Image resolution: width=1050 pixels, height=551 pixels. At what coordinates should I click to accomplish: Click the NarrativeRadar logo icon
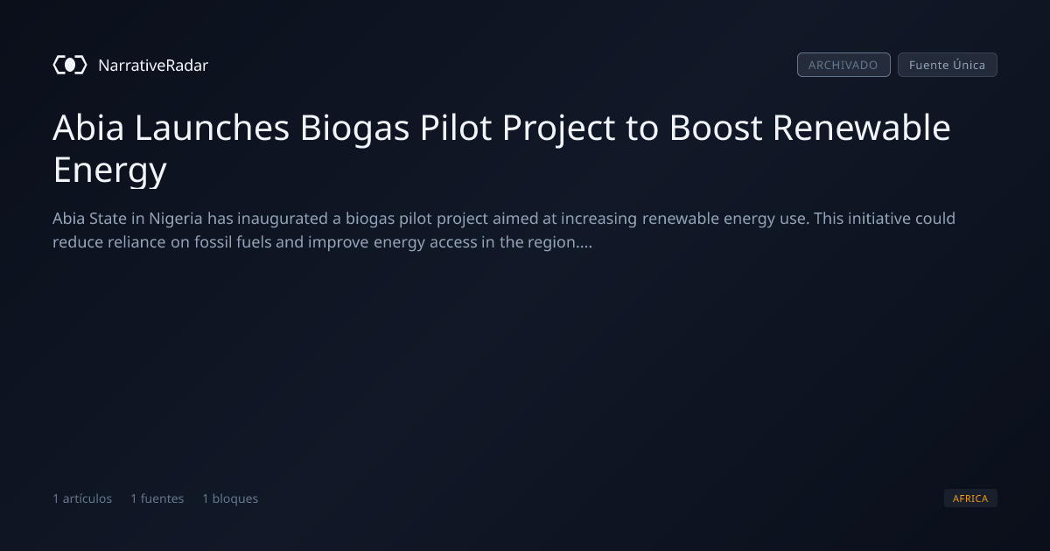pyautogui.click(x=70, y=65)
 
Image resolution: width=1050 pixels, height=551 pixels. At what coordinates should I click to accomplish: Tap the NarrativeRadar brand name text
pyautogui.click(x=153, y=66)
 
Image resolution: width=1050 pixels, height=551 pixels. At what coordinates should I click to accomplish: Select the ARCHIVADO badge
pyautogui.click(x=843, y=65)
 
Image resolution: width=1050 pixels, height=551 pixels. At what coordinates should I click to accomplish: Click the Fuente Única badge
pyautogui.click(x=948, y=65)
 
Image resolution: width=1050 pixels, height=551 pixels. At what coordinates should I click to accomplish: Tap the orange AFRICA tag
pyautogui.click(x=970, y=498)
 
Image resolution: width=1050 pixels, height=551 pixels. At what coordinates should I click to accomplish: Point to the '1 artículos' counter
pyautogui.click(x=82, y=499)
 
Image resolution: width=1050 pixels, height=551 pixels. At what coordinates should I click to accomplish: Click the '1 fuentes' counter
pyautogui.click(x=157, y=499)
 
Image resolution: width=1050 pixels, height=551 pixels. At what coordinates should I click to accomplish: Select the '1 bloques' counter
pyautogui.click(x=230, y=499)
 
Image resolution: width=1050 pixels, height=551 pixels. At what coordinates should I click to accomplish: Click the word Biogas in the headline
pyautogui.click(x=355, y=129)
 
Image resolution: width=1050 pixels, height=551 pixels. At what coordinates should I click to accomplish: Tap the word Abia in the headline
pyautogui.click(x=88, y=128)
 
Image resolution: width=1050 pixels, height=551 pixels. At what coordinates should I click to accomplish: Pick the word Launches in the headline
pyautogui.click(x=213, y=128)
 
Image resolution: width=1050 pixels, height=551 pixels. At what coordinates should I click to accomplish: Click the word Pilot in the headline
pyautogui.click(x=456, y=128)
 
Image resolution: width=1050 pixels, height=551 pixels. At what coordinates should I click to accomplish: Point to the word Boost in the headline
pyautogui.click(x=716, y=128)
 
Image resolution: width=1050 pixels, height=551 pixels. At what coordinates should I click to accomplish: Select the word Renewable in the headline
pyautogui.click(x=862, y=128)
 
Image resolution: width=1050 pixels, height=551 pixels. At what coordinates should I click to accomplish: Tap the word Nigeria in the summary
pyautogui.click(x=176, y=220)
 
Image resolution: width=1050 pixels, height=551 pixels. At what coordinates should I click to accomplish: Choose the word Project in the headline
pyautogui.click(x=559, y=129)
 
